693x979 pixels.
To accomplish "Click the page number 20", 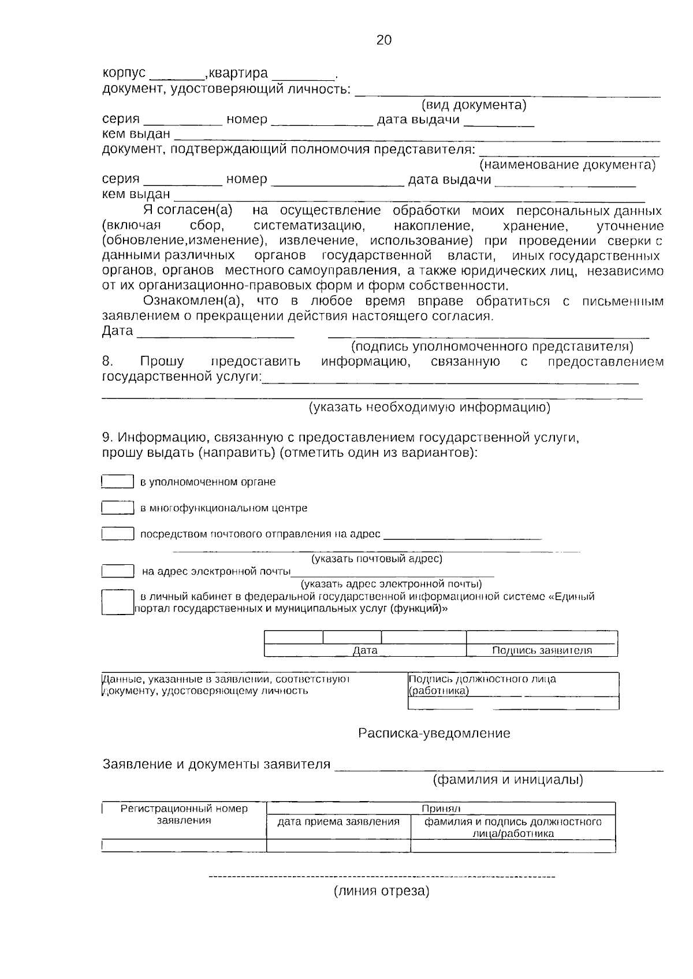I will tap(384, 40).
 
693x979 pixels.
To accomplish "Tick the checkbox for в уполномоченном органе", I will tap(118, 482).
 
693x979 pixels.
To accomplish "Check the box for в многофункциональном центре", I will tap(118, 508).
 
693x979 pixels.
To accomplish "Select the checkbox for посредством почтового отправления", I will tap(118, 534).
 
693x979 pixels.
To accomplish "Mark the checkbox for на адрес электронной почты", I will tap(118, 571).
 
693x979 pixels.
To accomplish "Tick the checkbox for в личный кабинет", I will tap(117, 602).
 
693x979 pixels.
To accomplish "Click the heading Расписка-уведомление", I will tap(434, 734).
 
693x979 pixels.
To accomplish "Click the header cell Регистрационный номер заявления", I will tap(184, 814).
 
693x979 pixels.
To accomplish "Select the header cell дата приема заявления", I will tap(338, 821).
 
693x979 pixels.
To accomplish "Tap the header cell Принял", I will tap(441, 809).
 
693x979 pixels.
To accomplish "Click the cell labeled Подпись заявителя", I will tap(542, 650).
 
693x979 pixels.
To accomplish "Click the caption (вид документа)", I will tap(474, 105).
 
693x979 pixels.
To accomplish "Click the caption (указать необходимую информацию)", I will tap(430, 407).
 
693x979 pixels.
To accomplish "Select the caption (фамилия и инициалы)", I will tap(508, 780).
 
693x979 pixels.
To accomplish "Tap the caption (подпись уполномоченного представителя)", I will tap(492, 347).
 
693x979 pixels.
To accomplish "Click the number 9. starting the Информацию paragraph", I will tap(108, 437).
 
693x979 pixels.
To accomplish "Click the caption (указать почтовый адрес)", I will tap(377, 559).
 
